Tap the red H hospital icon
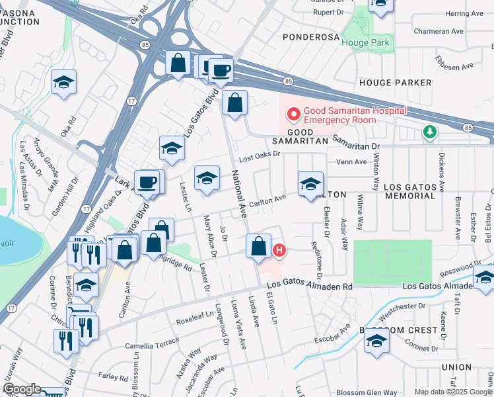coord(280,251)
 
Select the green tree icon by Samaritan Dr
coord(430,132)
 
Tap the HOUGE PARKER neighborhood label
coord(395,83)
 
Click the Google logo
coord(21,390)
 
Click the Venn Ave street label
coord(351,162)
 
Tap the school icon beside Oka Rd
coord(64,82)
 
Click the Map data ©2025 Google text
coord(453,392)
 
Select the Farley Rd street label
coord(113,376)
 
